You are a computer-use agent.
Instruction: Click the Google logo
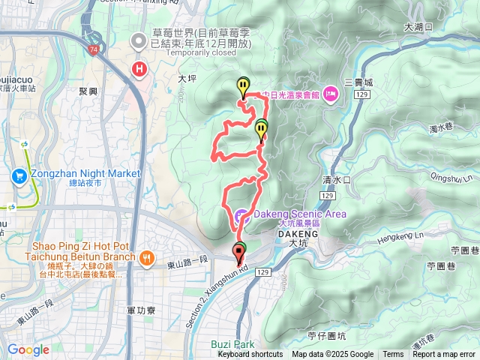point(28,349)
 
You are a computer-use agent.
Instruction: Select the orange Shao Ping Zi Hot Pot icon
point(145,257)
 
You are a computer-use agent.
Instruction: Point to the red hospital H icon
point(139,70)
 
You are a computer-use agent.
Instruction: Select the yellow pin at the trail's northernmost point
point(242,87)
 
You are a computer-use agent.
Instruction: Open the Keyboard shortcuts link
point(250,355)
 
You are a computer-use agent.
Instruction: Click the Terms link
point(393,355)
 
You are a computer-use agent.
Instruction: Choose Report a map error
point(444,355)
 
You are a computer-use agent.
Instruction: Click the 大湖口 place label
point(413,26)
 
